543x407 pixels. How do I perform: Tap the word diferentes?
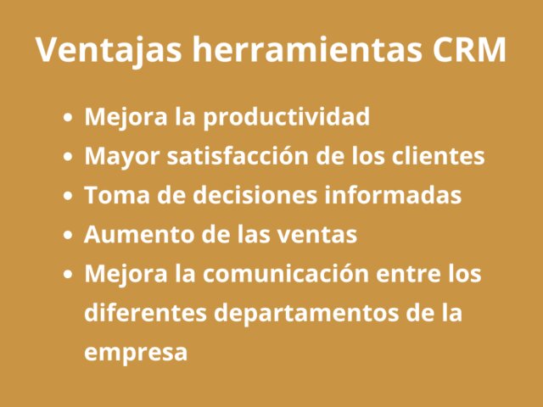click(143, 313)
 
